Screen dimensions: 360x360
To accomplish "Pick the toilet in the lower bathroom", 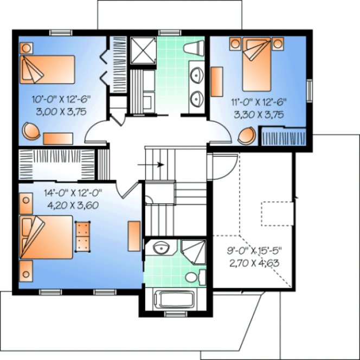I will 191,277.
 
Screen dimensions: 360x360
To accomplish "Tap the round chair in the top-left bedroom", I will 31,130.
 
